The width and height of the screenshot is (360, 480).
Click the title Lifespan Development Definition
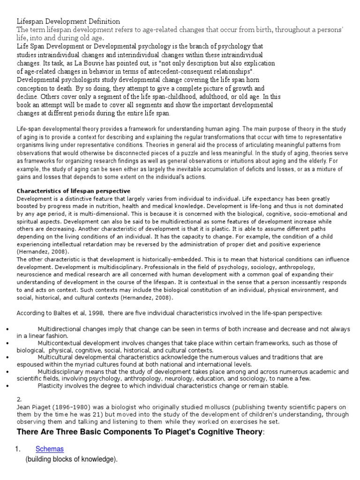[x=68, y=22]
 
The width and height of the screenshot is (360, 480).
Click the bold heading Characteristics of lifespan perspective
[x=74, y=191]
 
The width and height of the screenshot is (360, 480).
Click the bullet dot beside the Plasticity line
[x=5, y=386]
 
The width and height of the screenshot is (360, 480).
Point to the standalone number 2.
[x=20, y=399]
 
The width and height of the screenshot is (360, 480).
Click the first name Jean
[x=24, y=407]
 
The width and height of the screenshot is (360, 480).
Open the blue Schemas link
[x=50, y=449]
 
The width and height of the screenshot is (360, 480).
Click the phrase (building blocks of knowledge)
[x=70, y=460]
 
